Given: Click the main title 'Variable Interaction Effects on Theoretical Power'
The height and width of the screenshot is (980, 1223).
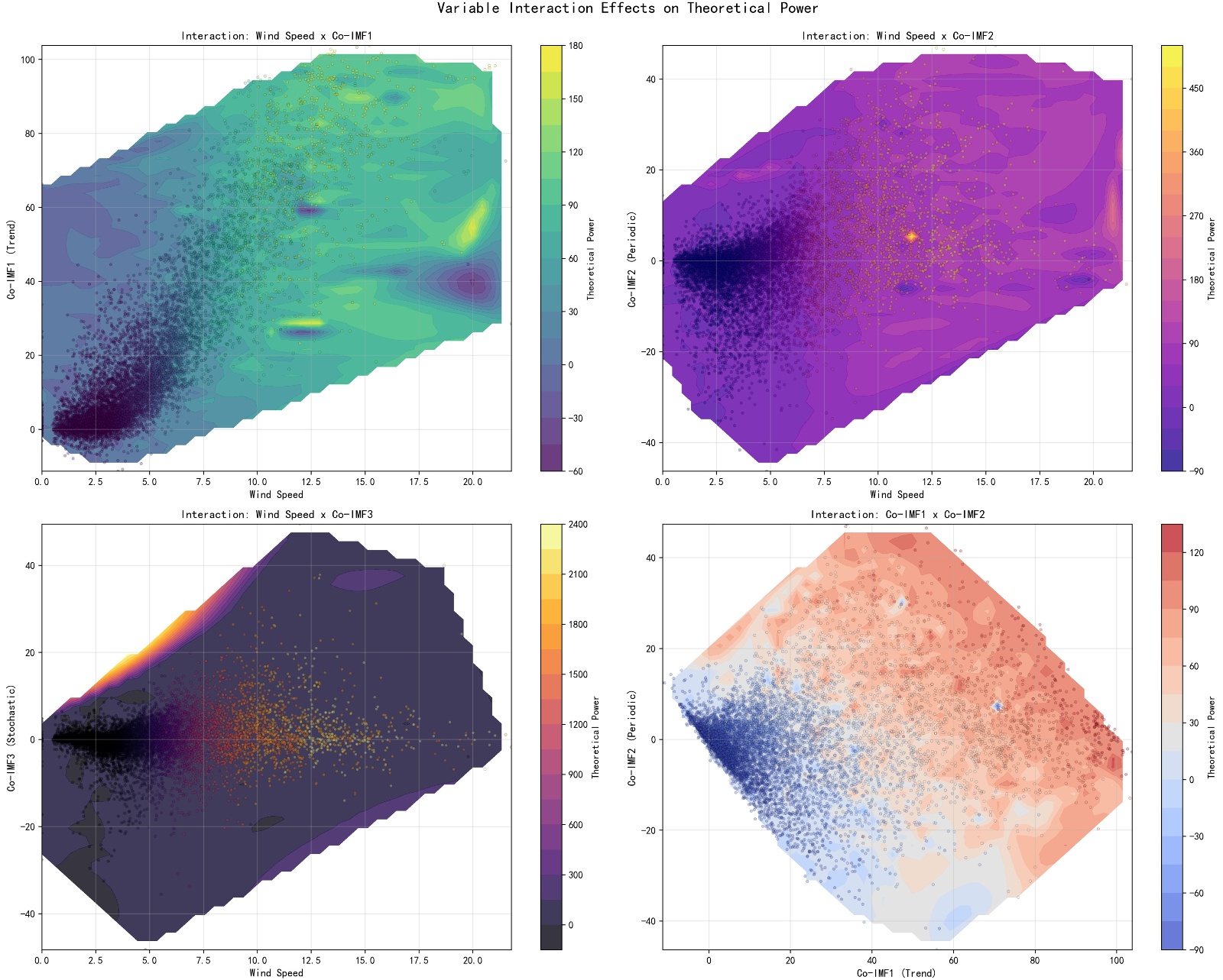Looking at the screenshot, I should [x=628, y=8].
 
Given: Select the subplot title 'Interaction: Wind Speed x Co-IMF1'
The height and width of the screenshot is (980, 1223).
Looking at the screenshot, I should [x=276, y=36].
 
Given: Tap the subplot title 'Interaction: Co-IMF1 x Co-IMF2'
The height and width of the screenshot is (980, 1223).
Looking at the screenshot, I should [x=897, y=515].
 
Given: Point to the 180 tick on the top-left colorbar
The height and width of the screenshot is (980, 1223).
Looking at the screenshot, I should [x=576, y=46].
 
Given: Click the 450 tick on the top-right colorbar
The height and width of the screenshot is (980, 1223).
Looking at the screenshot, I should [x=1196, y=89].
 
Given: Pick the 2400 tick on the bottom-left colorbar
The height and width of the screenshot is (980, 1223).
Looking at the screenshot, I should [x=578, y=525].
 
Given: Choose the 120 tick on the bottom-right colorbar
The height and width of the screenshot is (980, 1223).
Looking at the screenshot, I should [x=1196, y=553].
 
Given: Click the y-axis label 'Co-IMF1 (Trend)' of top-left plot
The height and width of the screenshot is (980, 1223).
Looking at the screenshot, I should [x=11, y=259].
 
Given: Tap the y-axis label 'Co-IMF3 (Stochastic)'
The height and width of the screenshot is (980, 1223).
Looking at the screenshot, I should [x=11, y=737].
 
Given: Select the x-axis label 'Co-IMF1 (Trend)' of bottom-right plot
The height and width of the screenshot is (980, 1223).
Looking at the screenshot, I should [x=897, y=973].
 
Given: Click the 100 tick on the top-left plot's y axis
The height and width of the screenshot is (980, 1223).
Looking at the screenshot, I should [x=28, y=60].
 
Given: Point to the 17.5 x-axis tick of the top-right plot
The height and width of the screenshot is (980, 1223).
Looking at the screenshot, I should [x=1040, y=482].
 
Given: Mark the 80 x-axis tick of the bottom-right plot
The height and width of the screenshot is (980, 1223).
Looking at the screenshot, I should [x=1035, y=961].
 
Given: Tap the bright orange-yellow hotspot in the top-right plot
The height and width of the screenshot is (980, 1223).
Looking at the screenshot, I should [x=911, y=237].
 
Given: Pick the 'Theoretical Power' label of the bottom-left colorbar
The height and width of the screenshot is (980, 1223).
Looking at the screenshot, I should [x=595, y=737].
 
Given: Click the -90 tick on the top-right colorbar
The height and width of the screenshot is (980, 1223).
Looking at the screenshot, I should [x=1196, y=471].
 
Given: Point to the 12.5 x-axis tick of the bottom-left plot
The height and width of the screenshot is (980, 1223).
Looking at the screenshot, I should [x=311, y=961].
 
